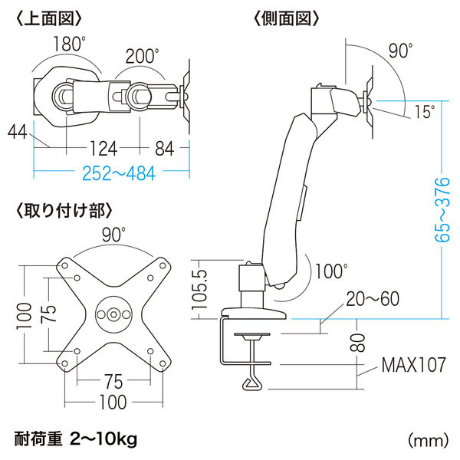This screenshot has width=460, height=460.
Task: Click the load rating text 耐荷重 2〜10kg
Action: [75, 439]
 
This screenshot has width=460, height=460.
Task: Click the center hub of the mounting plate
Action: [115, 314]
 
